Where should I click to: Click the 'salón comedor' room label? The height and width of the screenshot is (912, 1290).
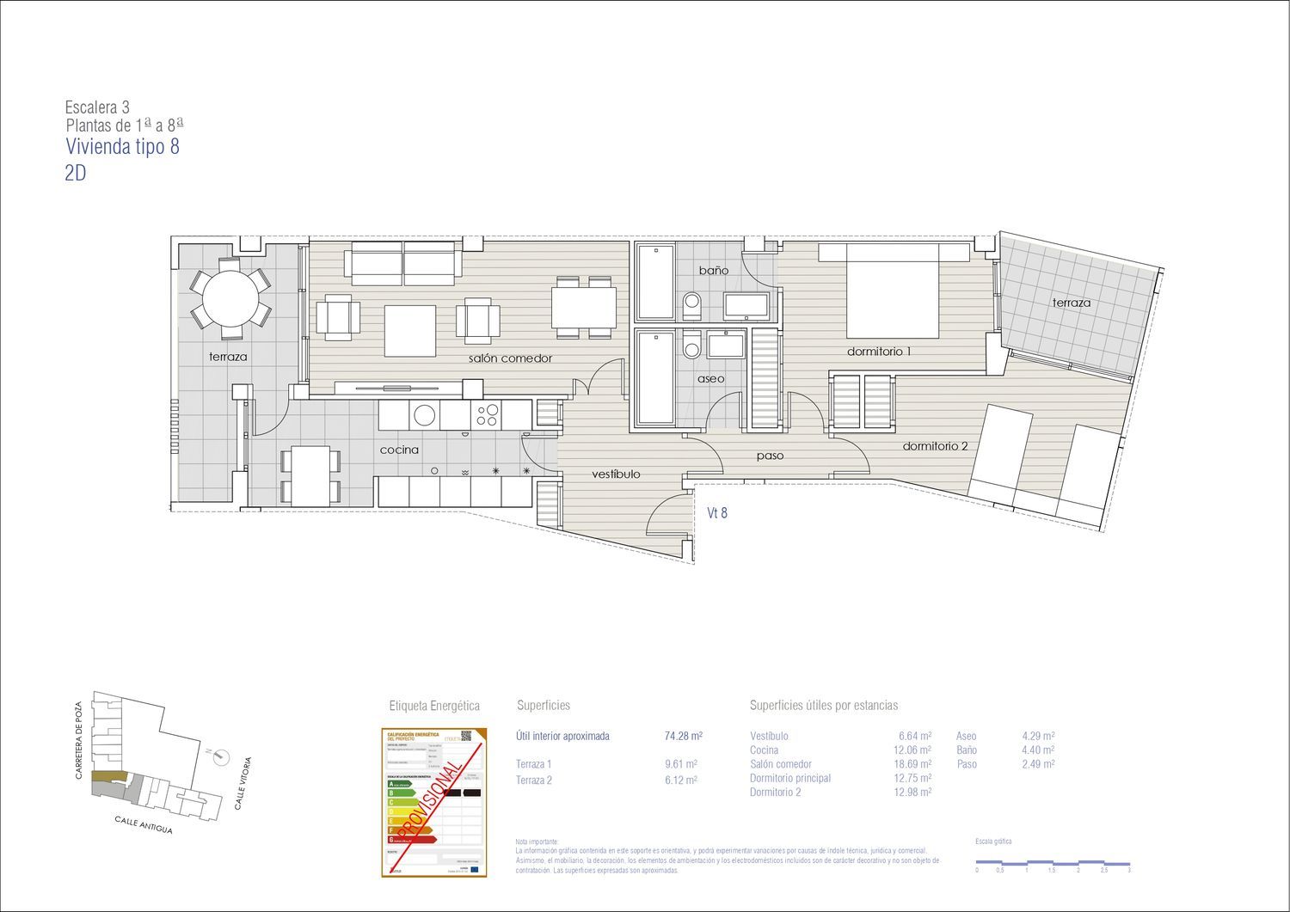(x=510, y=358)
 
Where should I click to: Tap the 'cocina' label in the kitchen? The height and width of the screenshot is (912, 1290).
(x=400, y=450)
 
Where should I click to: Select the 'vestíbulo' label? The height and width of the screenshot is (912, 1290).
(x=616, y=474)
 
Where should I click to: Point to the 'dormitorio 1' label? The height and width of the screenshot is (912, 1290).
(x=879, y=352)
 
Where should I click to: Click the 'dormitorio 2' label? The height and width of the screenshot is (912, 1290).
(x=935, y=446)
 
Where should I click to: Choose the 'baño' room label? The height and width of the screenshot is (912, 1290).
(x=713, y=271)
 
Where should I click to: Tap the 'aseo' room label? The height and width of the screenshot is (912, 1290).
(x=710, y=379)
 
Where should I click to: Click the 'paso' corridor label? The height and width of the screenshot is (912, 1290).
(x=770, y=456)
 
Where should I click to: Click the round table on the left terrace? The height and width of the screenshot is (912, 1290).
(x=230, y=299)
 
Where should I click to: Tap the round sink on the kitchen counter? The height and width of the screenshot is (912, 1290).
(x=425, y=415)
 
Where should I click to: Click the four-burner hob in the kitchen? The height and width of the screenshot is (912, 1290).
(x=486, y=415)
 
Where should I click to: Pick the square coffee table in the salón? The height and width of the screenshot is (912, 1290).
(x=410, y=330)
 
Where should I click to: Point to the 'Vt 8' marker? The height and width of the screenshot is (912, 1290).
(x=717, y=513)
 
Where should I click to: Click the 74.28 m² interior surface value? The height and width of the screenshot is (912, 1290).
(x=684, y=737)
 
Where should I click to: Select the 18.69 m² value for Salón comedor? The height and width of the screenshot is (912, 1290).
(x=912, y=764)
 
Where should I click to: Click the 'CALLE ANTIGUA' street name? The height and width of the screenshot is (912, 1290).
(x=144, y=825)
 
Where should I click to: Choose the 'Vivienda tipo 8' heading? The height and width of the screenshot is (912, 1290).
(x=123, y=147)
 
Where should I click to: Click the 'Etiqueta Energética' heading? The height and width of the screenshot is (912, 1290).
(x=434, y=706)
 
